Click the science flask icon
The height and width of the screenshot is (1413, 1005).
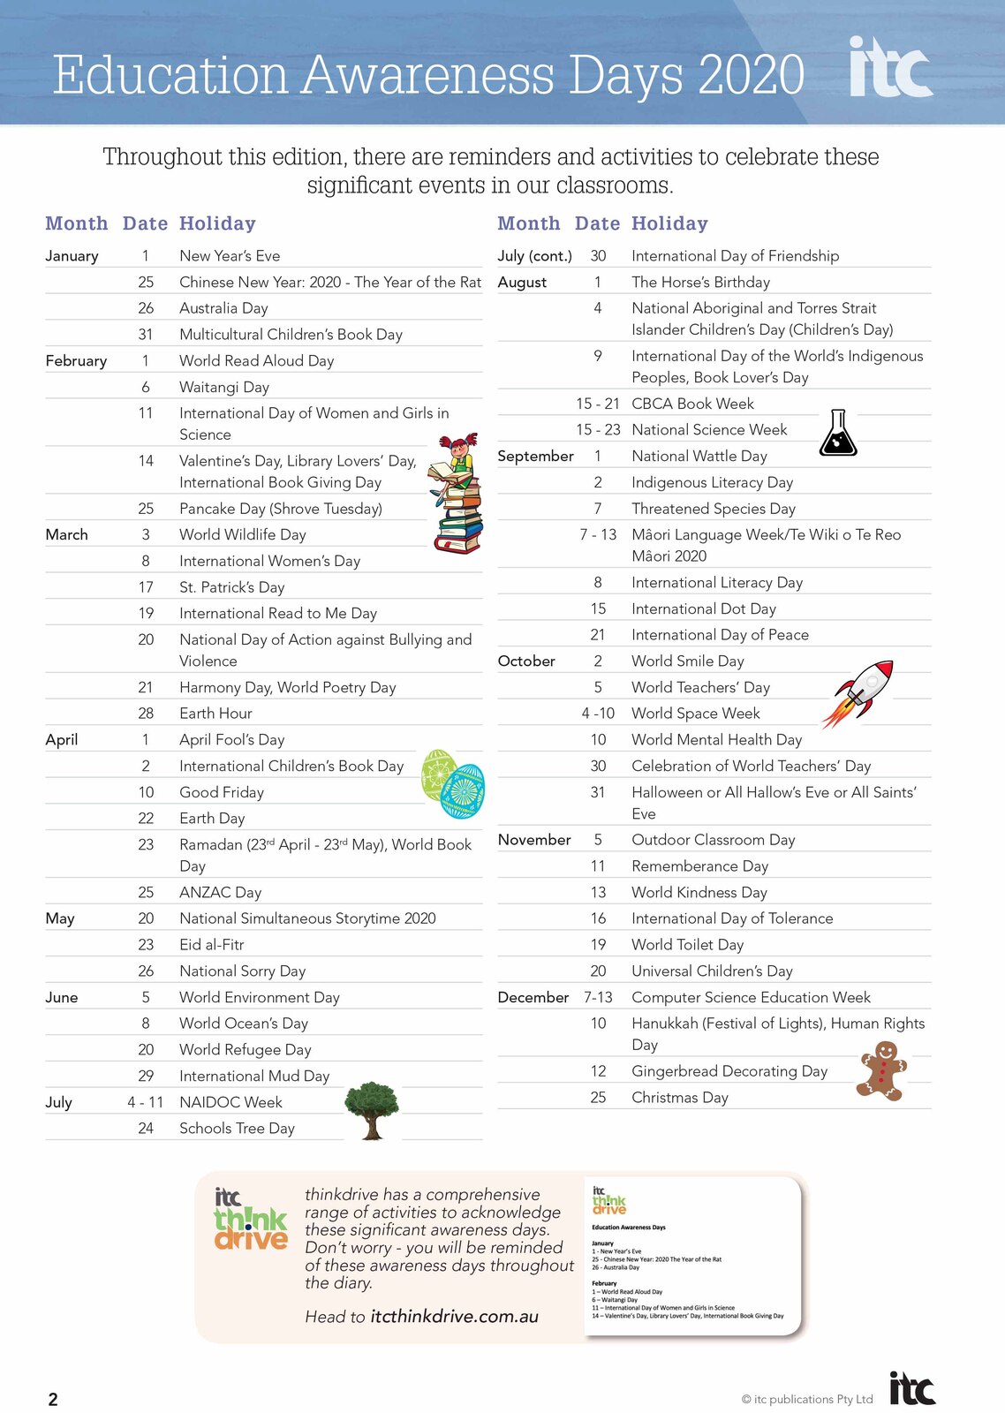[838, 433]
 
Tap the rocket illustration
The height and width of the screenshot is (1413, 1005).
[860, 692]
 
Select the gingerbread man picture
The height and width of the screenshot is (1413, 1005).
[882, 1070]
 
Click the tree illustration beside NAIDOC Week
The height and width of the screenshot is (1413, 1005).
[372, 1110]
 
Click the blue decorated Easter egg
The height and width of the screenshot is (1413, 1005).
[464, 791]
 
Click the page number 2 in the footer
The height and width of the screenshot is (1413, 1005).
[53, 1399]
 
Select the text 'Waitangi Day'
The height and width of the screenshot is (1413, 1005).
[224, 387]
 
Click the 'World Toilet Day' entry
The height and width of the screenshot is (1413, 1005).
[687, 945]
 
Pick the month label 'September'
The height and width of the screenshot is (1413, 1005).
[535, 456]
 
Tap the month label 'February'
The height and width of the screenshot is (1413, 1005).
[76, 360]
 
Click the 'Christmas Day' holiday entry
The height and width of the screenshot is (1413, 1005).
[680, 1098]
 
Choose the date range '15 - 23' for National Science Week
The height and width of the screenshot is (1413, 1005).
[598, 430]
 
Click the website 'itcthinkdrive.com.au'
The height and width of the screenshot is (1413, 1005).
[454, 1317]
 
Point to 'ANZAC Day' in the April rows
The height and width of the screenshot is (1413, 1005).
[220, 892]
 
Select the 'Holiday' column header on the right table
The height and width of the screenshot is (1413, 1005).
[669, 223]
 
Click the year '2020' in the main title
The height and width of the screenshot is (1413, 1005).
[751, 75]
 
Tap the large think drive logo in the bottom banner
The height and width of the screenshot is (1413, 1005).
[251, 1220]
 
